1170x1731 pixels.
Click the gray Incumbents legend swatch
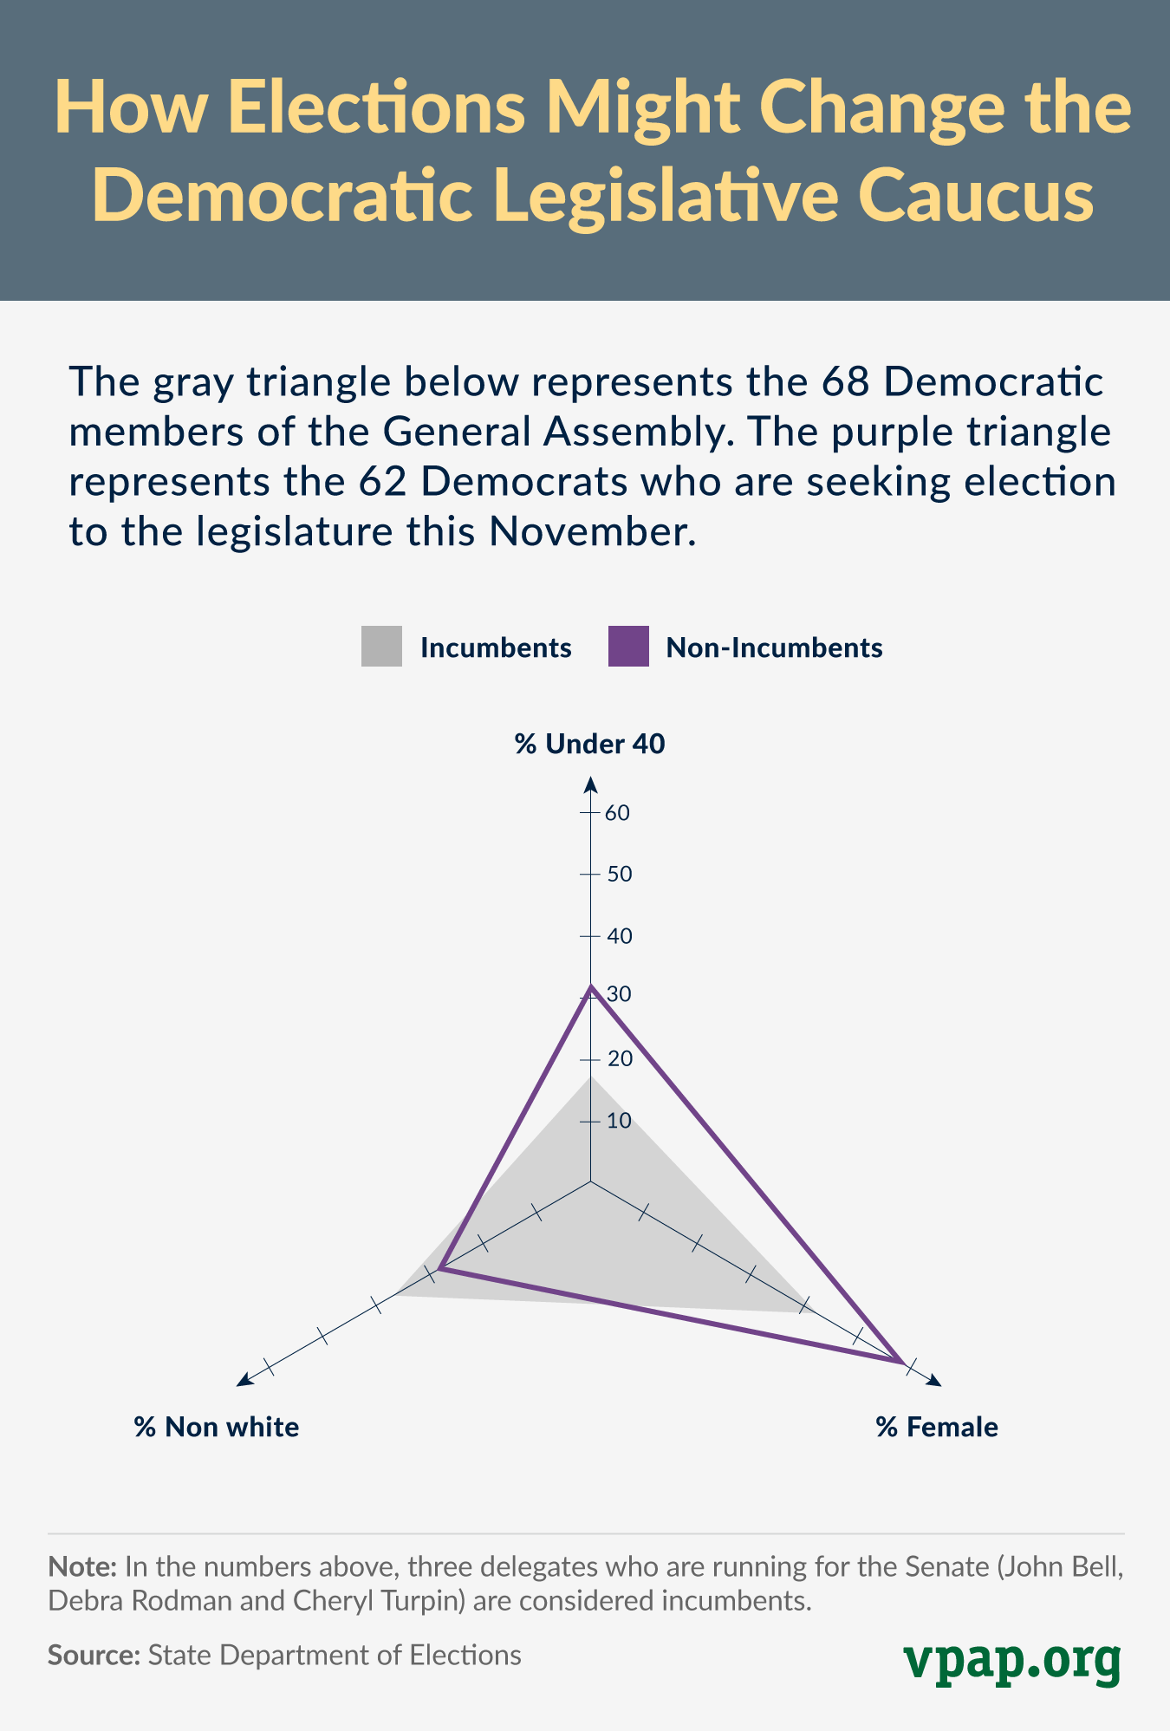point(381,647)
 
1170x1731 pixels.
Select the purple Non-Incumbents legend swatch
point(628,647)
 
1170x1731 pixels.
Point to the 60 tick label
point(618,813)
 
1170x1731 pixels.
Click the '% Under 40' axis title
point(590,744)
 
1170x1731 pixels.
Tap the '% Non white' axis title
point(217,1427)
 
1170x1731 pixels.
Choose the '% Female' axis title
point(937,1427)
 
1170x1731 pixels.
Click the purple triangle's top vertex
point(590,986)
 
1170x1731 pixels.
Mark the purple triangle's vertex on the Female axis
point(902,1362)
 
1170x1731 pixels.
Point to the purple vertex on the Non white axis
point(439,1269)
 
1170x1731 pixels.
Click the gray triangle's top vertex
point(590,1077)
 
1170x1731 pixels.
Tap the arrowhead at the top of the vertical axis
point(590,784)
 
